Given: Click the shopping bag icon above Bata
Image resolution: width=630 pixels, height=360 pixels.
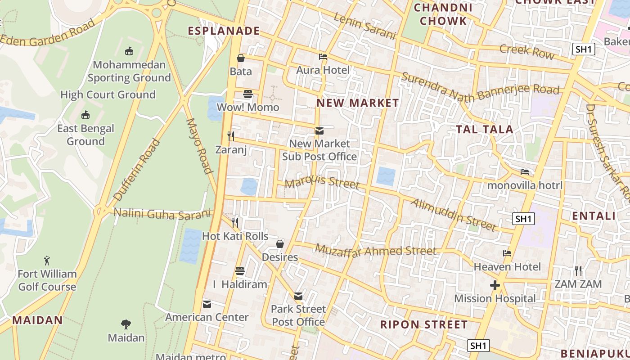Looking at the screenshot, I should [x=241, y=58].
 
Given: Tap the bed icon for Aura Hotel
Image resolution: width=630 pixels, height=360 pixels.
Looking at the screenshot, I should [x=323, y=57].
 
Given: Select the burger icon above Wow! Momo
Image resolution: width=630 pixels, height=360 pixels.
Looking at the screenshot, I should [x=248, y=94].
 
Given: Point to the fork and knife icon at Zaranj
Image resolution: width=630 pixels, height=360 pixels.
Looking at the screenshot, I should [x=231, y=136].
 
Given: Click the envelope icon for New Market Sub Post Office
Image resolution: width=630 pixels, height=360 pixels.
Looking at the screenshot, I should [x=319, y=131].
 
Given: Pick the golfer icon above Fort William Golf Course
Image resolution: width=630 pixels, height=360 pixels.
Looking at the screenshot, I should [x=47, y=261].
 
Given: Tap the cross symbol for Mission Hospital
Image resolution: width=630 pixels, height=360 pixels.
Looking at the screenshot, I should [x=495, y=285].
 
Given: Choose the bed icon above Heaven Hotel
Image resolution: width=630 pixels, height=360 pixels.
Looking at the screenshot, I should [x=507, y=253].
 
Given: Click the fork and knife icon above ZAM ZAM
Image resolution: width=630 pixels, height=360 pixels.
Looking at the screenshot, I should [x=578, y=270].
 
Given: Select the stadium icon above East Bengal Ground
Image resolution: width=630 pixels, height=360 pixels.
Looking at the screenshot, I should [x=85, y=115].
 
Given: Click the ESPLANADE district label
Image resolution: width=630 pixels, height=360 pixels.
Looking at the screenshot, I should [x=224, y=31].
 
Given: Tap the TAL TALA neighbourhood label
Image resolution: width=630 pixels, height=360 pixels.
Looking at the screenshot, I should [x=485, y=130].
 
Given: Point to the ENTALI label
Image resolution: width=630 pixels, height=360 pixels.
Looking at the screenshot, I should [x=594, y=216].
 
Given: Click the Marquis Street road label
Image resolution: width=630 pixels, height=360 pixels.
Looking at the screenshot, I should [x=322, y=182].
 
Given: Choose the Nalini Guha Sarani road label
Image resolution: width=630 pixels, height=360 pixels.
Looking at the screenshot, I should [x=162, y=213].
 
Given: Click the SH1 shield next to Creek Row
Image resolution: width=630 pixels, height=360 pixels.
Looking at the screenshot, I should [x=584, y=49].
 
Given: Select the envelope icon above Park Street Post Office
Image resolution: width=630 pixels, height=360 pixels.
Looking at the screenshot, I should [x=298, y=296].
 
